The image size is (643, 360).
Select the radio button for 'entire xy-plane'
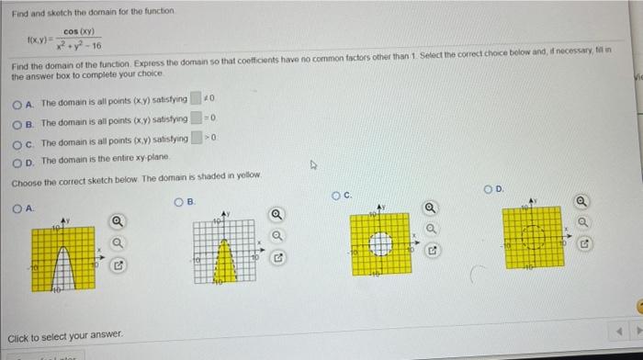[x=17, y=159]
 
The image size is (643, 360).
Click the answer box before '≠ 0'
[x=196, y=99]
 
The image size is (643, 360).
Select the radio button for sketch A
[x=17, y=209]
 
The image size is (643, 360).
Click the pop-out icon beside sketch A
[x=117, y=267]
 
